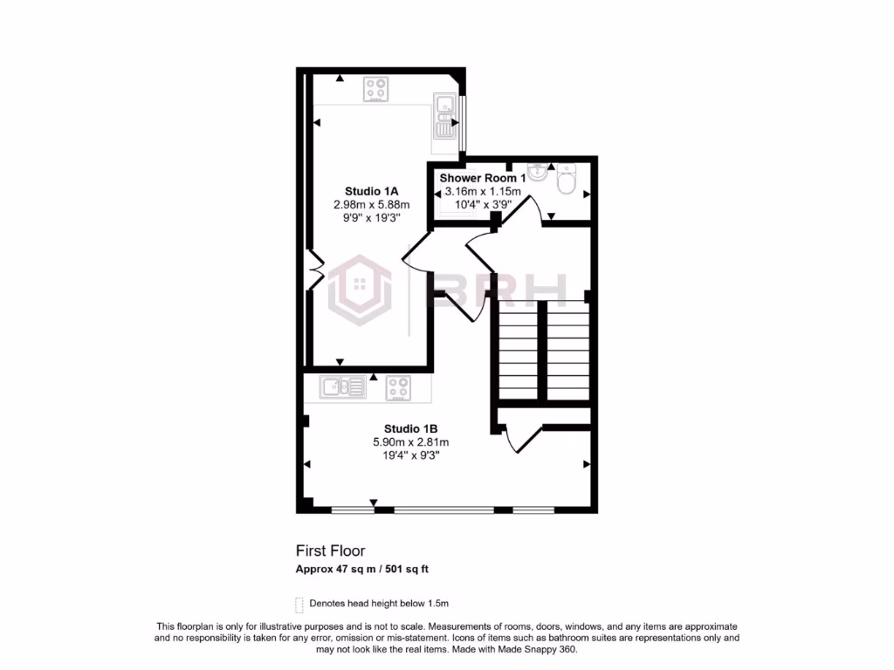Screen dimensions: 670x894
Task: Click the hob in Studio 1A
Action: (376, 89)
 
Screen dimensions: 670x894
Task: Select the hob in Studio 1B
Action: (398, 386)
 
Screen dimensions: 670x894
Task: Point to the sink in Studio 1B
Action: (343, 386)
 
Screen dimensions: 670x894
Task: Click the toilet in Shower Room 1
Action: (567, 181)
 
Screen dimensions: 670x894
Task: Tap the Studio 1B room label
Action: (410, 428)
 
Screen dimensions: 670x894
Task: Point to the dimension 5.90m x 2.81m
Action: (410, 442)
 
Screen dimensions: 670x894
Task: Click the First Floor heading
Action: (330, 550)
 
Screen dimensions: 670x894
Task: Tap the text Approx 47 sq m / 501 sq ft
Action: (361, 569)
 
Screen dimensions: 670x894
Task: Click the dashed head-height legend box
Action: (299, 604)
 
